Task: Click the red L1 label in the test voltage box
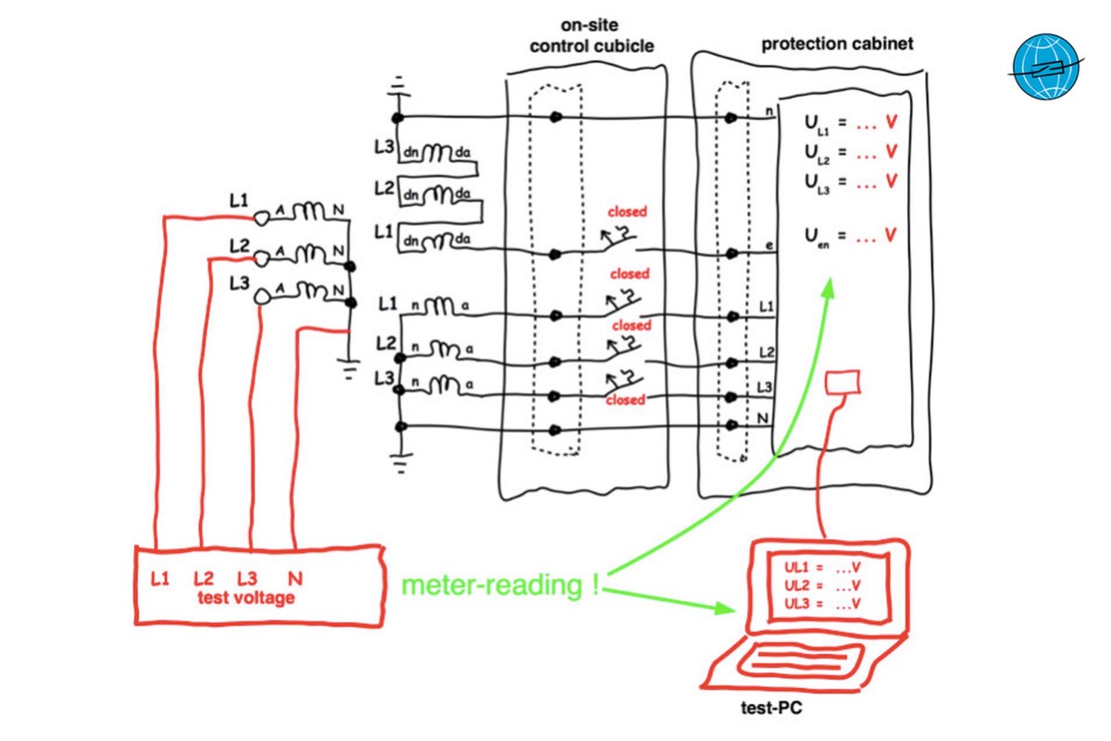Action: [160, 579]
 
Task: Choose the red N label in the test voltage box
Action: [295, 579]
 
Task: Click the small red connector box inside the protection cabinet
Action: [843, 382]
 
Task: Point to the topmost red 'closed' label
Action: [628, 212]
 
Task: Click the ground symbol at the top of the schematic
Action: [398, 93]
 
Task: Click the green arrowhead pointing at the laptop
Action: [728, 609]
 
